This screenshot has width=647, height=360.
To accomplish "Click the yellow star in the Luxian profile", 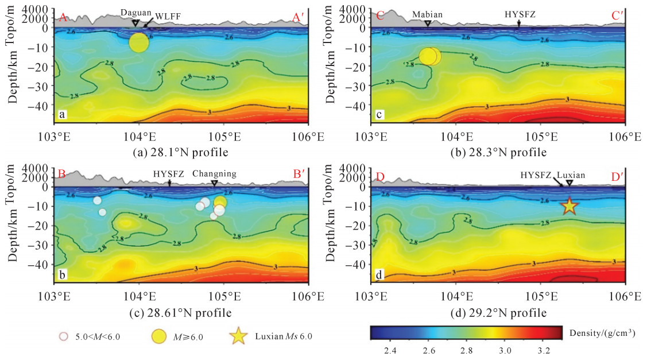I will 569,206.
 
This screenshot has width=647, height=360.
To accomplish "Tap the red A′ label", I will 298,18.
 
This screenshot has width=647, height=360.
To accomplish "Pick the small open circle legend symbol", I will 64,337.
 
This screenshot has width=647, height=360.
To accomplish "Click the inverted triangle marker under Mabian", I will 428,24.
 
